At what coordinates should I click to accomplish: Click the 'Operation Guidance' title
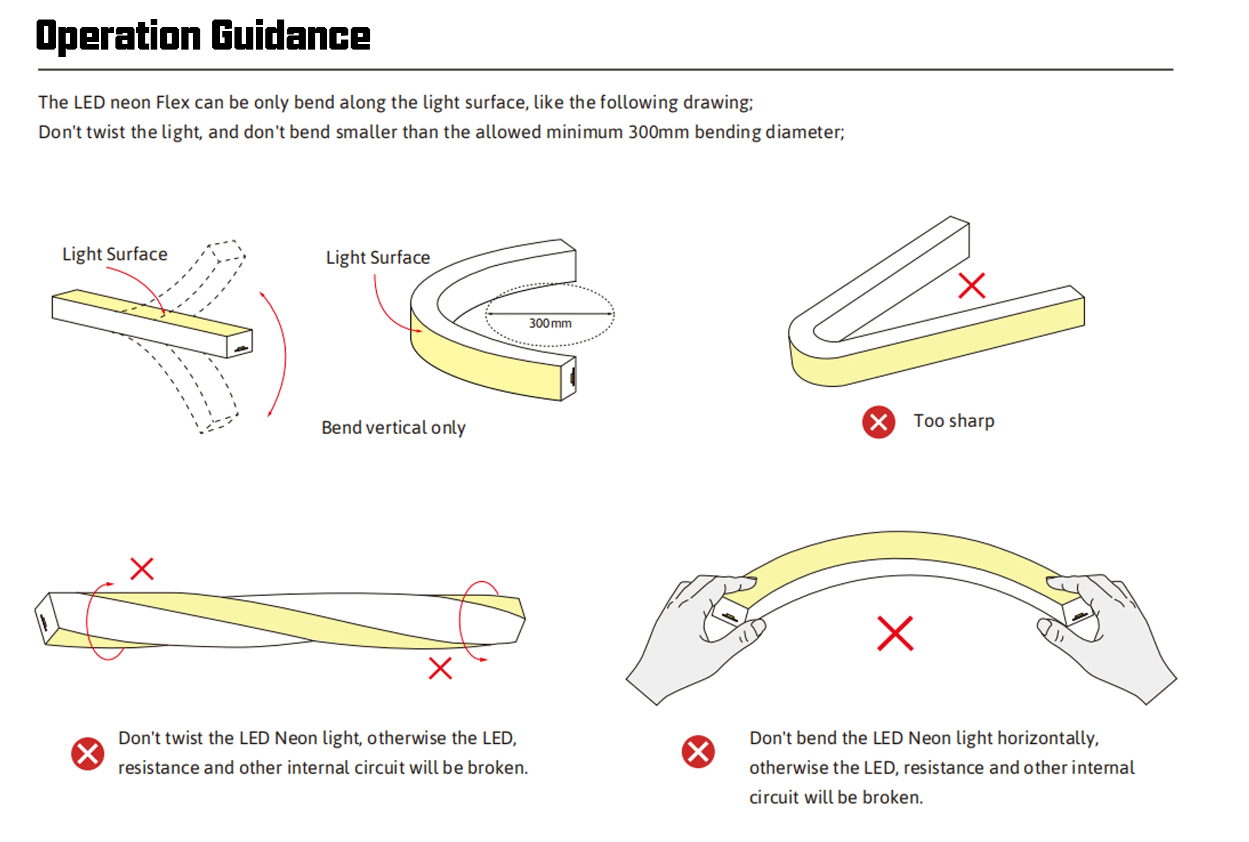tap(203, 36)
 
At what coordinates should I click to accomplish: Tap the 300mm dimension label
tap(550, 323)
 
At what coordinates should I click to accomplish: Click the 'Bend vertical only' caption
tap(393, 428)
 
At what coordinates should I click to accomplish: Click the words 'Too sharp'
tap(954, 421)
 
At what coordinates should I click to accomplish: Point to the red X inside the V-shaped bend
tap(972, 286)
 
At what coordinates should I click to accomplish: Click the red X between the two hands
tap(895, 634)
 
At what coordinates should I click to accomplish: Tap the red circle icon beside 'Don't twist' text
tap(87, 753)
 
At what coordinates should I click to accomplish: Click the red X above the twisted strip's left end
tap(142, 568)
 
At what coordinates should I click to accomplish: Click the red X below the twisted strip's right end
tap(440, 668)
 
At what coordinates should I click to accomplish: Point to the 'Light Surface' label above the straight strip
tap(115, 254)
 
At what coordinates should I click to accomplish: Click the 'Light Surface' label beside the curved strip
tap(378, 258)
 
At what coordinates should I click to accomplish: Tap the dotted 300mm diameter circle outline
tap(550, 314)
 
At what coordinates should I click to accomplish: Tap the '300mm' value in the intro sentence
tap(658, 131)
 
